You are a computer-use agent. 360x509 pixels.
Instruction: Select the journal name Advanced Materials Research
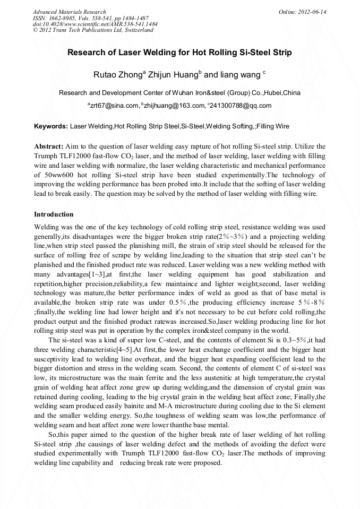[x=70, y=12]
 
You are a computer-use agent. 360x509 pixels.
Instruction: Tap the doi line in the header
[x=95, y=24]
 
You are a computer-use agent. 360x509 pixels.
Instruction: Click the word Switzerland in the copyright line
[x=138, y=30]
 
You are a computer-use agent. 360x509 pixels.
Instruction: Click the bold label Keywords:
[x=51, y=127]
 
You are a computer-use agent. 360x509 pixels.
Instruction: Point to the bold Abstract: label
[x=49, y=145]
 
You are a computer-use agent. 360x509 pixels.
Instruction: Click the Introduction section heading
[x=54, y=214]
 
